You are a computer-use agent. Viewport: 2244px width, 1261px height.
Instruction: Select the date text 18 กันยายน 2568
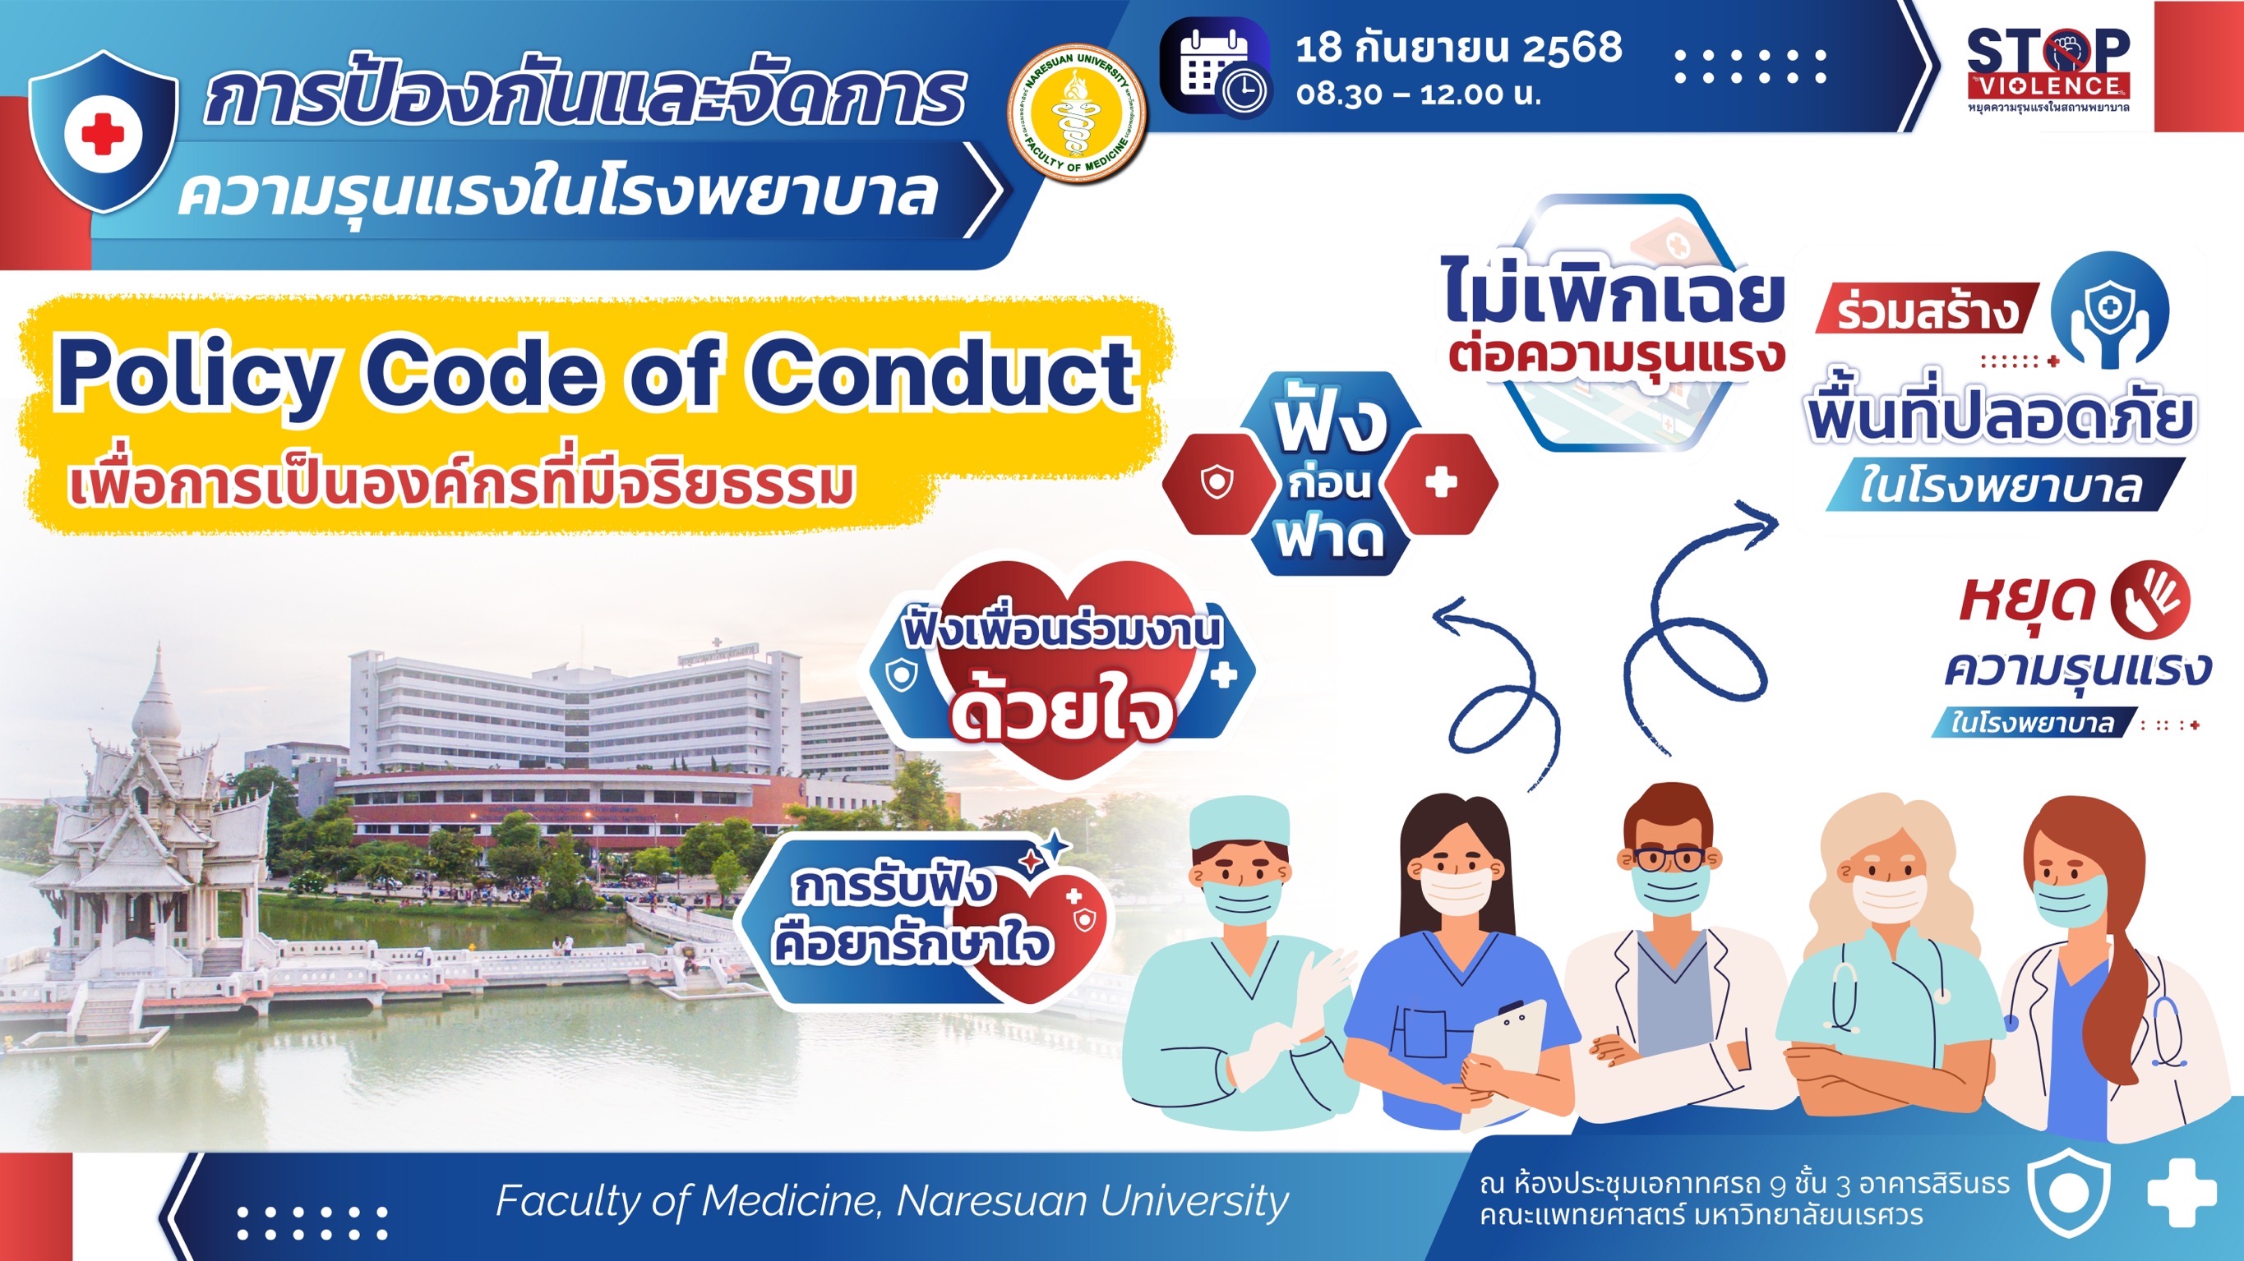(x=1459, y=47)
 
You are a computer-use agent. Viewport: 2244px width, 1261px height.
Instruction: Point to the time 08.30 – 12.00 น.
(x=1418, y=94)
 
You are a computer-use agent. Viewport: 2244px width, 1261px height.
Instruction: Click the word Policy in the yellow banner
(x=193, y=375)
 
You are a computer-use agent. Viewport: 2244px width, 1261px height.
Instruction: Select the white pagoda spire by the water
(x=157, y=693)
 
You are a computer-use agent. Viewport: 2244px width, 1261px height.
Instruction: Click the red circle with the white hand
(x=2150, y=598)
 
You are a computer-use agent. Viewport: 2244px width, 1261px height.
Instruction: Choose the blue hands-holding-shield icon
(x=2108, y=309)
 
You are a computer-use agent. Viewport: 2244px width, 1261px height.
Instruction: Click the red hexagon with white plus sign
(x=1441, y=482)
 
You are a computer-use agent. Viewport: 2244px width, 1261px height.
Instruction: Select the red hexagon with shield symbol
(x=1218, y=482)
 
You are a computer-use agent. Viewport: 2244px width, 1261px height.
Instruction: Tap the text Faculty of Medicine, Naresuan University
(x=892, y=1202)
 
